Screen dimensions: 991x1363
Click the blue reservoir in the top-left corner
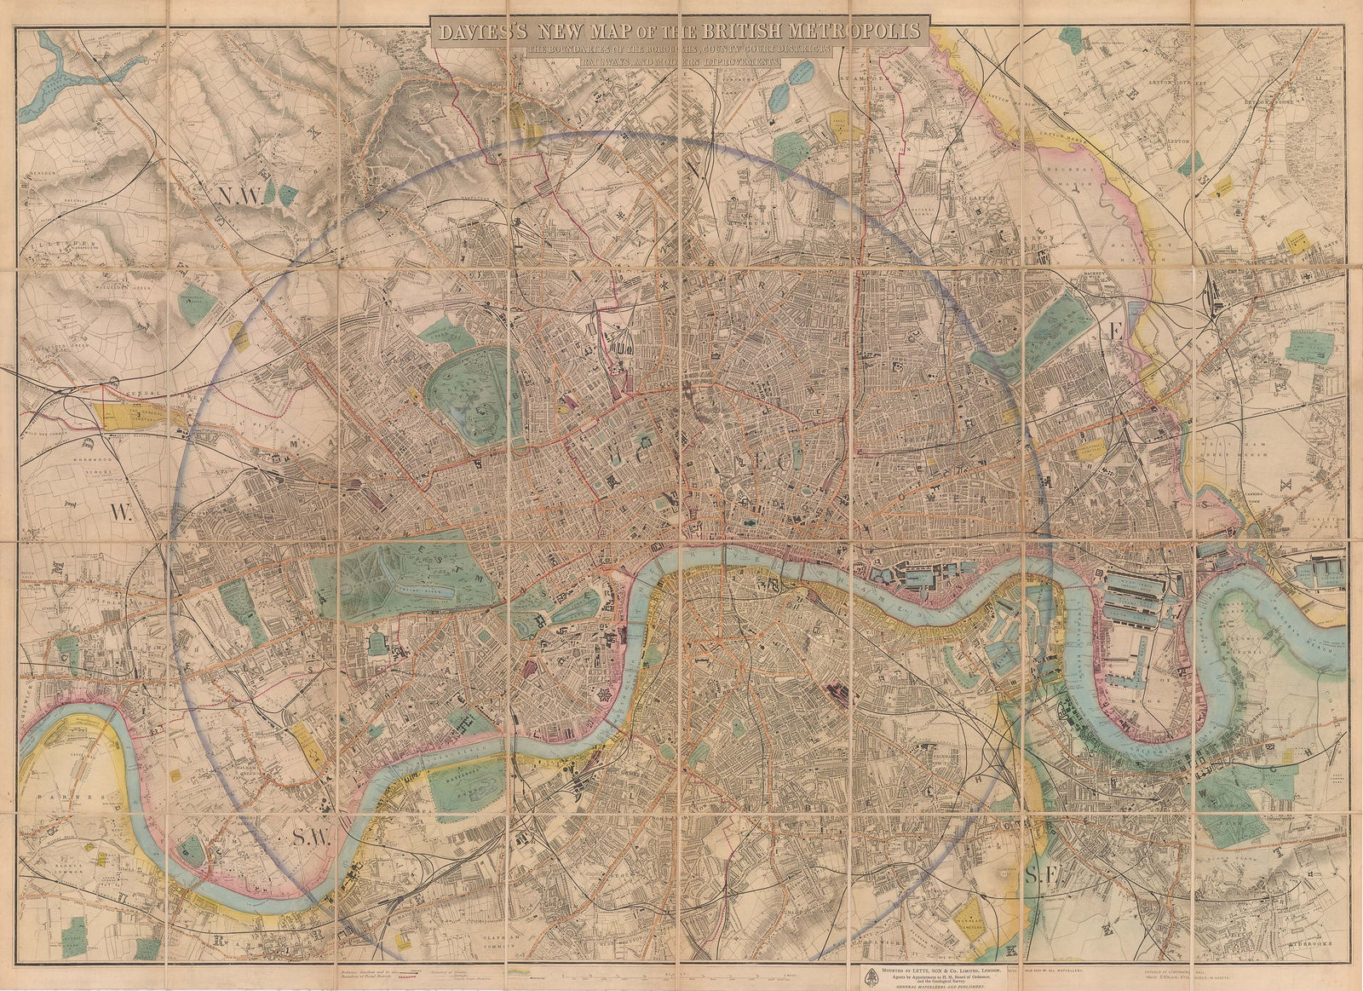[x=51, y=77]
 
